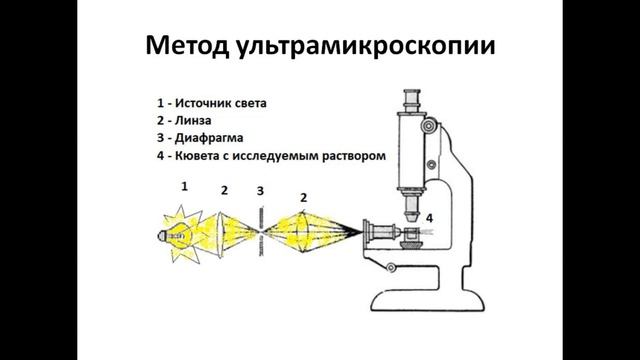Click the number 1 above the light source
click(183, 187)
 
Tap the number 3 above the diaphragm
click(260, 189)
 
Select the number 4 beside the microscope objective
click(430, 216)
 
